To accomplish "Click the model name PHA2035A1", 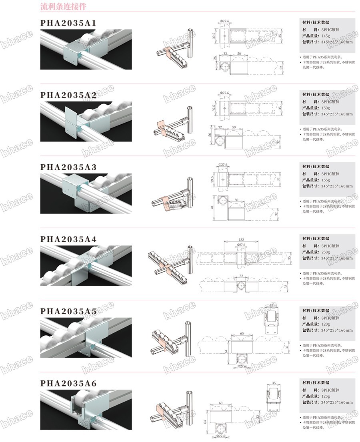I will [x=68, y=24].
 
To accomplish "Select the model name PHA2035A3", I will [x=68, y=167].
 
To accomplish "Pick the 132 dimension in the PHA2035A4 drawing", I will [x=241, y=240].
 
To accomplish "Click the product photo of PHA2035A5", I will [x=86, y=336].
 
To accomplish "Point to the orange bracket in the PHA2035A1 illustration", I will [x=170, y=52].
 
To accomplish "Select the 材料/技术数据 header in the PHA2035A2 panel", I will [x=316, y=95].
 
